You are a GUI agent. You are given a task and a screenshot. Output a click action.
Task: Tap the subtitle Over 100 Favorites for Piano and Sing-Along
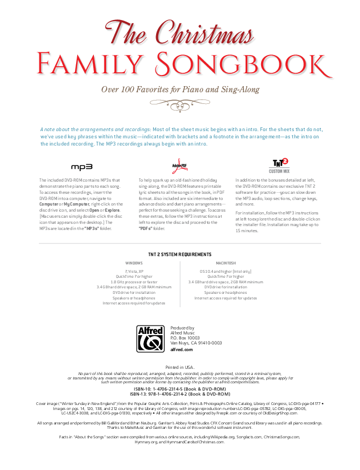(x=180, y=89)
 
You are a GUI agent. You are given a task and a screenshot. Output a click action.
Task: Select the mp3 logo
(x=81, y=166)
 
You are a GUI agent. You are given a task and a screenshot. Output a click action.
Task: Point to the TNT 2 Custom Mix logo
(x=279, y=165)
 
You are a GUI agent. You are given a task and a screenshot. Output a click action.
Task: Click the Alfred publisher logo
(x=151, y=338)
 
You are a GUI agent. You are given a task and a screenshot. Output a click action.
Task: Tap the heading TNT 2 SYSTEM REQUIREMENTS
(x=180, y=254)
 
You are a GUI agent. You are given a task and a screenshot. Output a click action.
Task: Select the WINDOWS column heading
(x=134, y=262)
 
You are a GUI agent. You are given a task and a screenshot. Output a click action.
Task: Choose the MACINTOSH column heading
(x=226, y=262)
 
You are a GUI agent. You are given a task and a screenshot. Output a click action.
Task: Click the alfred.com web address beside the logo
(x=181, y=350)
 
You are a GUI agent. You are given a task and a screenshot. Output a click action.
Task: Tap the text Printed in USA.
(x=180, y=368)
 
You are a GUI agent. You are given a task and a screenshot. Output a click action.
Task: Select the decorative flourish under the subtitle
(x=180, y=103)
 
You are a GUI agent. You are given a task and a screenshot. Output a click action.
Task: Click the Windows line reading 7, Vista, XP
(x=134, y=271)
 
